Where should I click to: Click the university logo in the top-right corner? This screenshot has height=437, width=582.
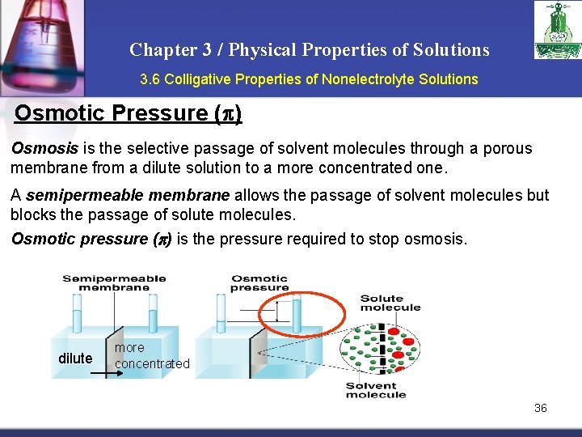[556, 30]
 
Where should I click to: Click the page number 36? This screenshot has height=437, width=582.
[540, 408]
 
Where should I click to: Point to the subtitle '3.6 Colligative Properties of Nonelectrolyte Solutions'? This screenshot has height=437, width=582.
[309, 79]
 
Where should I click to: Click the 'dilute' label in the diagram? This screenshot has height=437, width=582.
[75, 359]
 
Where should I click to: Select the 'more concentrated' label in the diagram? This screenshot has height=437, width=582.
[151, 356]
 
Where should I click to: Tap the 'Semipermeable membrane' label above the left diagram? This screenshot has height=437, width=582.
[114, 282]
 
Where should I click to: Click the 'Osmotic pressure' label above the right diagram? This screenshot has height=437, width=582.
[259, 282]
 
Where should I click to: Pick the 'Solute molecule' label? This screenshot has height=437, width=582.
[390, 303]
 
